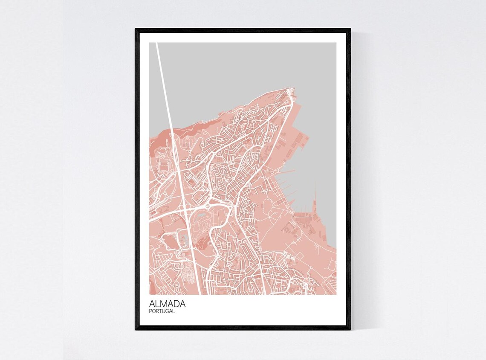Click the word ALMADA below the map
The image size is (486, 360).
[x=167, y=304]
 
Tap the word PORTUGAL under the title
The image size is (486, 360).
[x=162, y=311]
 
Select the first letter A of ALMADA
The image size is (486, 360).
[x=152, y=304]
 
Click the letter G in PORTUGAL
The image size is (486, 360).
[x=169, y=311]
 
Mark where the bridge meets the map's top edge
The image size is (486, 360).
[x=157, y=43]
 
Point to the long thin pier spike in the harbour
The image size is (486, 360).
[x=315, y=196]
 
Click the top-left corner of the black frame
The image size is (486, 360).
[x=136, y=29]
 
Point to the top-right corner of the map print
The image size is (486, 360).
[x=336, y=43]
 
